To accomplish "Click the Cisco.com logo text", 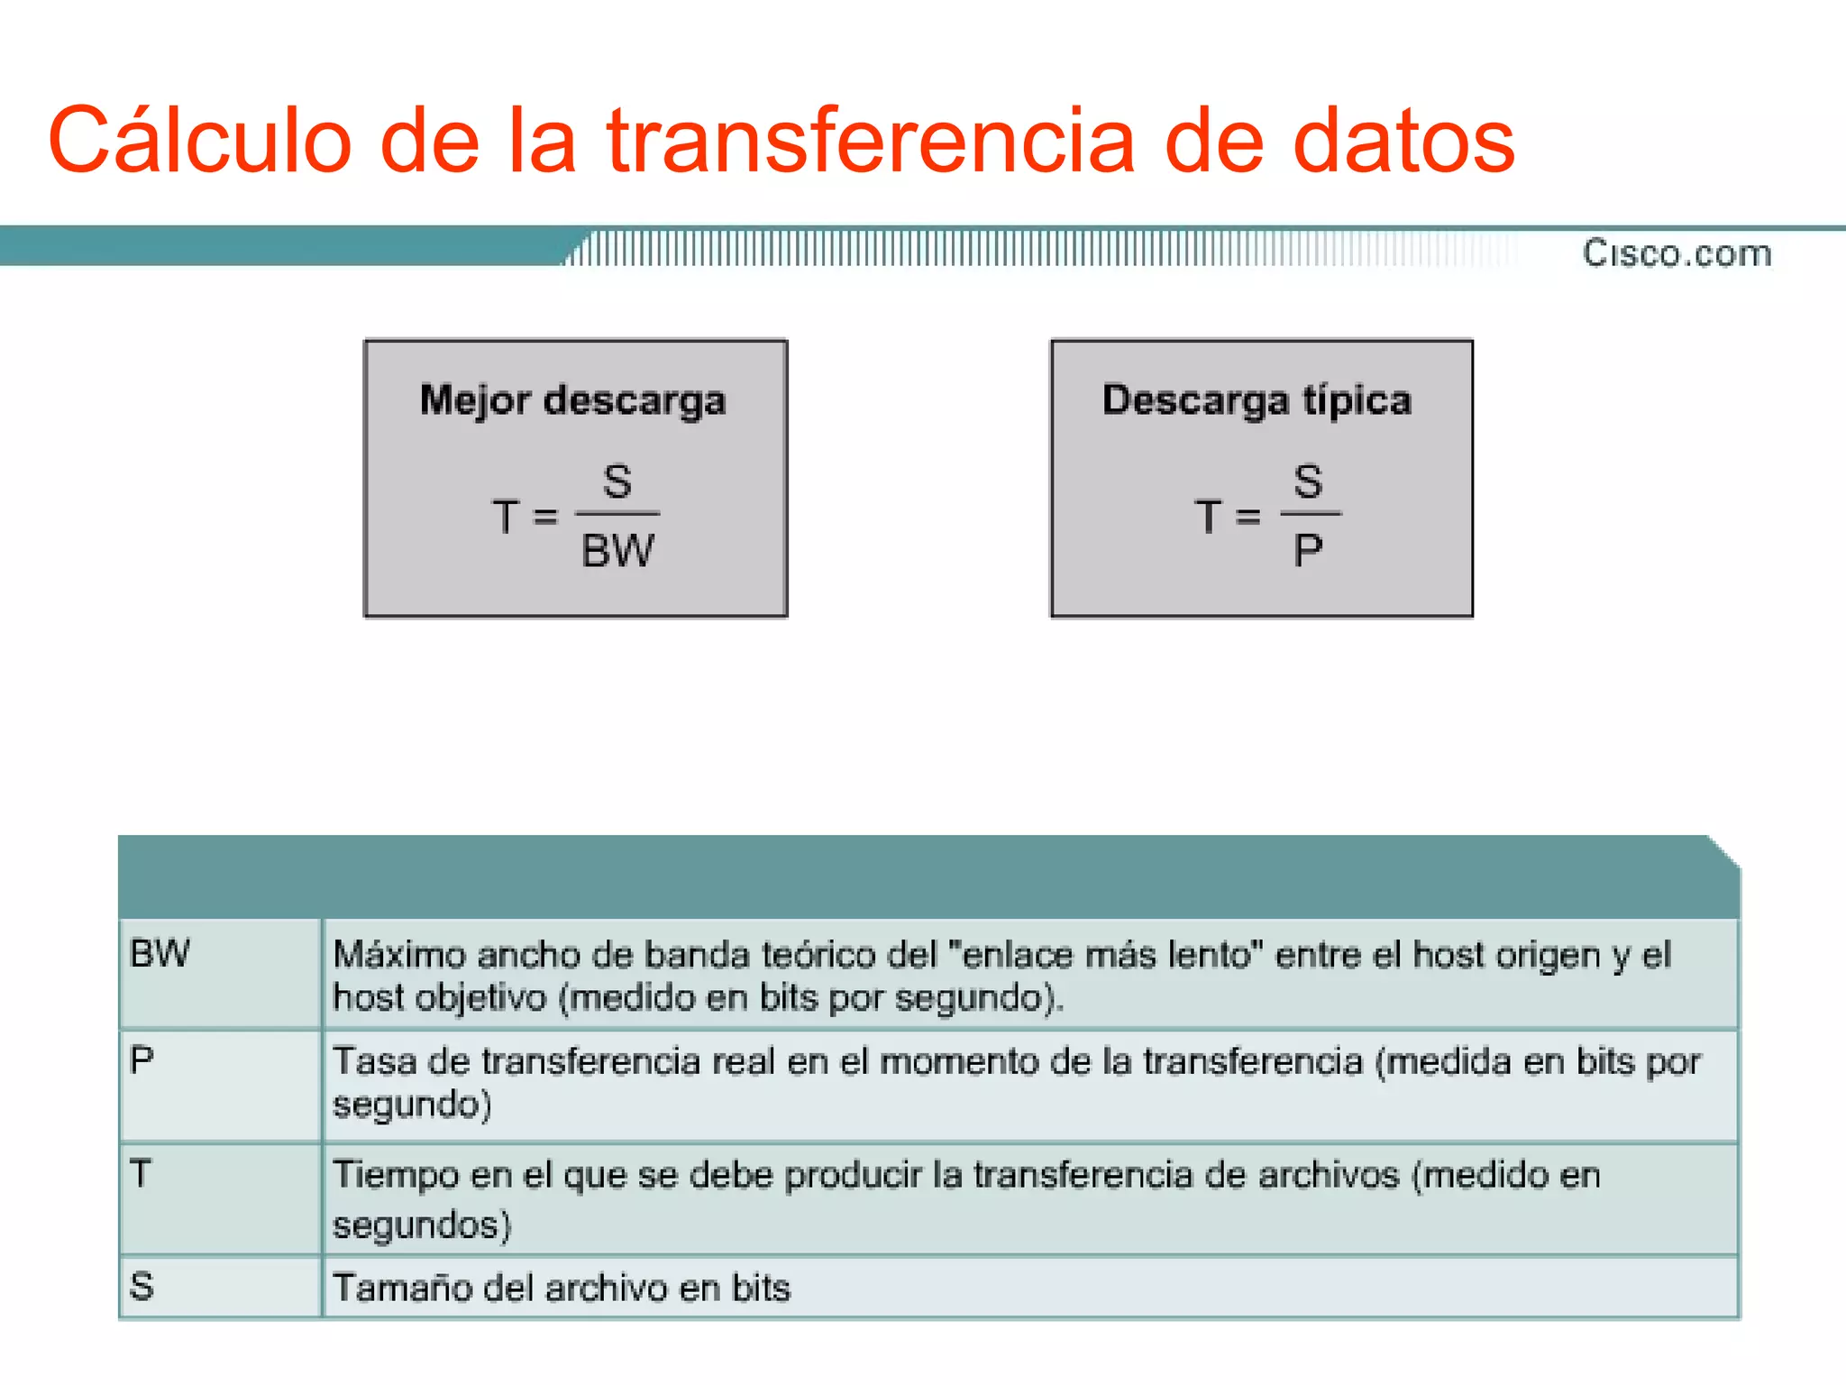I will (x=1677, y=253).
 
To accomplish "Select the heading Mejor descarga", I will (x=573, y=400).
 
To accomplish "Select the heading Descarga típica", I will (x=1257, y=400).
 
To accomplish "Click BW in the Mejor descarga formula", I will (x=617, y=550).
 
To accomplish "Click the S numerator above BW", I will (x=617, y=481).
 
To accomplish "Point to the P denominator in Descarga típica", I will (x=1308, y=550).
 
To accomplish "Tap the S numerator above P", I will (x=1308, y=481).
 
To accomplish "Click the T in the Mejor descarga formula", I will (x=506, y=518).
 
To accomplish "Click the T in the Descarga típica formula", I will (x=1208, y=518).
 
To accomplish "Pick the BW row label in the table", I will (x=160, y=953).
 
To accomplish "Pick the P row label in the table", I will (x=142, y=1059).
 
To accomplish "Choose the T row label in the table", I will (x=141, y=1173).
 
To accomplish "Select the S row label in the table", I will (x=142, y=1286).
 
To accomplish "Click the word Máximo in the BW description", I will (x=399, y=955).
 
